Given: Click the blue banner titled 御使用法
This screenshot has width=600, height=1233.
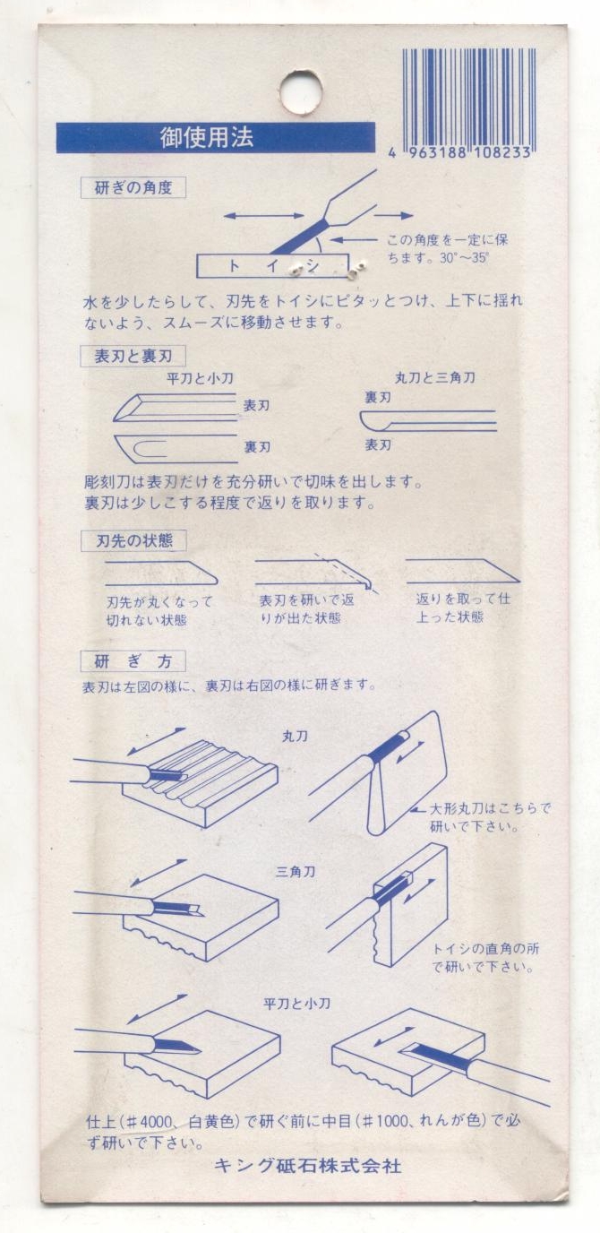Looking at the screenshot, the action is pos(216,138).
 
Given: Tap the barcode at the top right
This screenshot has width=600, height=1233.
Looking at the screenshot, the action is pos(466,98).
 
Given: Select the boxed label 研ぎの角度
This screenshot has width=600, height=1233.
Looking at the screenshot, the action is pos(133,187).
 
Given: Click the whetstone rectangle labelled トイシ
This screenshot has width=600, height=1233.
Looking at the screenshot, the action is pos(273,266).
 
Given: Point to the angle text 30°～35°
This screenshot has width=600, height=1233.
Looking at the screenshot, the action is pos(464,257).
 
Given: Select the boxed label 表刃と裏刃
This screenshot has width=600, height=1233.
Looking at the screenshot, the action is pos(133,356).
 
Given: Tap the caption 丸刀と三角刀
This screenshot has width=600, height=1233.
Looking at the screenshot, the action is pos(434,377).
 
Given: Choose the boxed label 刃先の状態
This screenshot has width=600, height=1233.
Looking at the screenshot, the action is pos(133,540).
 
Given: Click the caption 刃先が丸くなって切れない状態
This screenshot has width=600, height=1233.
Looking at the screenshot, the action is pos(159,611).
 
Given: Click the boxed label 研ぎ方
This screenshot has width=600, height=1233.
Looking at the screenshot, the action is pos(133,661).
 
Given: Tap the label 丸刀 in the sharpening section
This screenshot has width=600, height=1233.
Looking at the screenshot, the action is pos(295,737).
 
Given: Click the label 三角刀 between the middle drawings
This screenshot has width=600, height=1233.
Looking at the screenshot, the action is pos(296,872).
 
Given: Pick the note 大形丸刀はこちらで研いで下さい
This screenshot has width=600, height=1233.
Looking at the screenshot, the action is pos(490,817).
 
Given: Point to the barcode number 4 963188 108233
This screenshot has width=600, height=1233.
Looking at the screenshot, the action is pos(459,153).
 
